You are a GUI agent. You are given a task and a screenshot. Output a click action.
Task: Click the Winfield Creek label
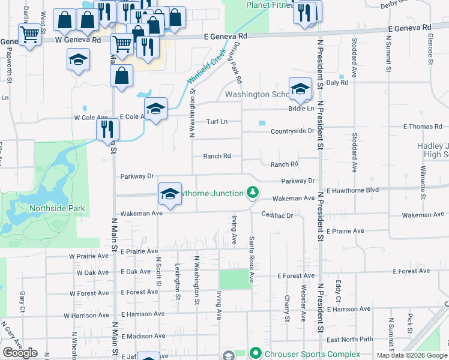pyautogui.click(x=202, y=73)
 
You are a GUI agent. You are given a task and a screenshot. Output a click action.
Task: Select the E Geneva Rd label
pyautogui.click(x=409, y=28)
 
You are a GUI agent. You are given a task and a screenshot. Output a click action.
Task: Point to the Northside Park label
pyautogui.click(x=57, y=209)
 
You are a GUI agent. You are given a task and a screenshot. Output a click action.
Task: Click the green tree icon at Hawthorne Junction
pyautogui.click(x=253, y=193)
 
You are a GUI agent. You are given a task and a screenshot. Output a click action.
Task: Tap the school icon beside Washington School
pyautogui.click(x=300, y=90)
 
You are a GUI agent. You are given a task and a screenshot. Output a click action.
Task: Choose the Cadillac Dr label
pyautogui.click(x=276, y=215)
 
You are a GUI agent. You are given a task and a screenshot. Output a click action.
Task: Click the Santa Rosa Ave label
pyautogui.click(x=252, y=260)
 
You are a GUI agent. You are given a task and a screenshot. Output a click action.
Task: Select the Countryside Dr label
pyautogui.click(x=292, y=131)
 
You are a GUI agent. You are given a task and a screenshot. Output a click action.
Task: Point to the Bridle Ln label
pyautogui.click(x=301, y=108)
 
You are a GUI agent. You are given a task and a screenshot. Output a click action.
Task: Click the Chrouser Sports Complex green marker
pyautogui.click(x=255, y=353)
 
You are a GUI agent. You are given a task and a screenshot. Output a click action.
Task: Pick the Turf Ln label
pyautogui.click(x=217, y=121)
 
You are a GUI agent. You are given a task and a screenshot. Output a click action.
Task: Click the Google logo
pyautogui.click(x=20, y=353)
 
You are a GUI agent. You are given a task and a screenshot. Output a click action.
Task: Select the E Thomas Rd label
pyautogui.click(x=422, y=127)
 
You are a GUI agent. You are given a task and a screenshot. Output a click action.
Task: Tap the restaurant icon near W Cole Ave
pyautogui.click(x=108, y=128)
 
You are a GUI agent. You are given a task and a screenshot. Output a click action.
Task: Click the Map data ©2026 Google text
pyautogui.click(x=411, y=355)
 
